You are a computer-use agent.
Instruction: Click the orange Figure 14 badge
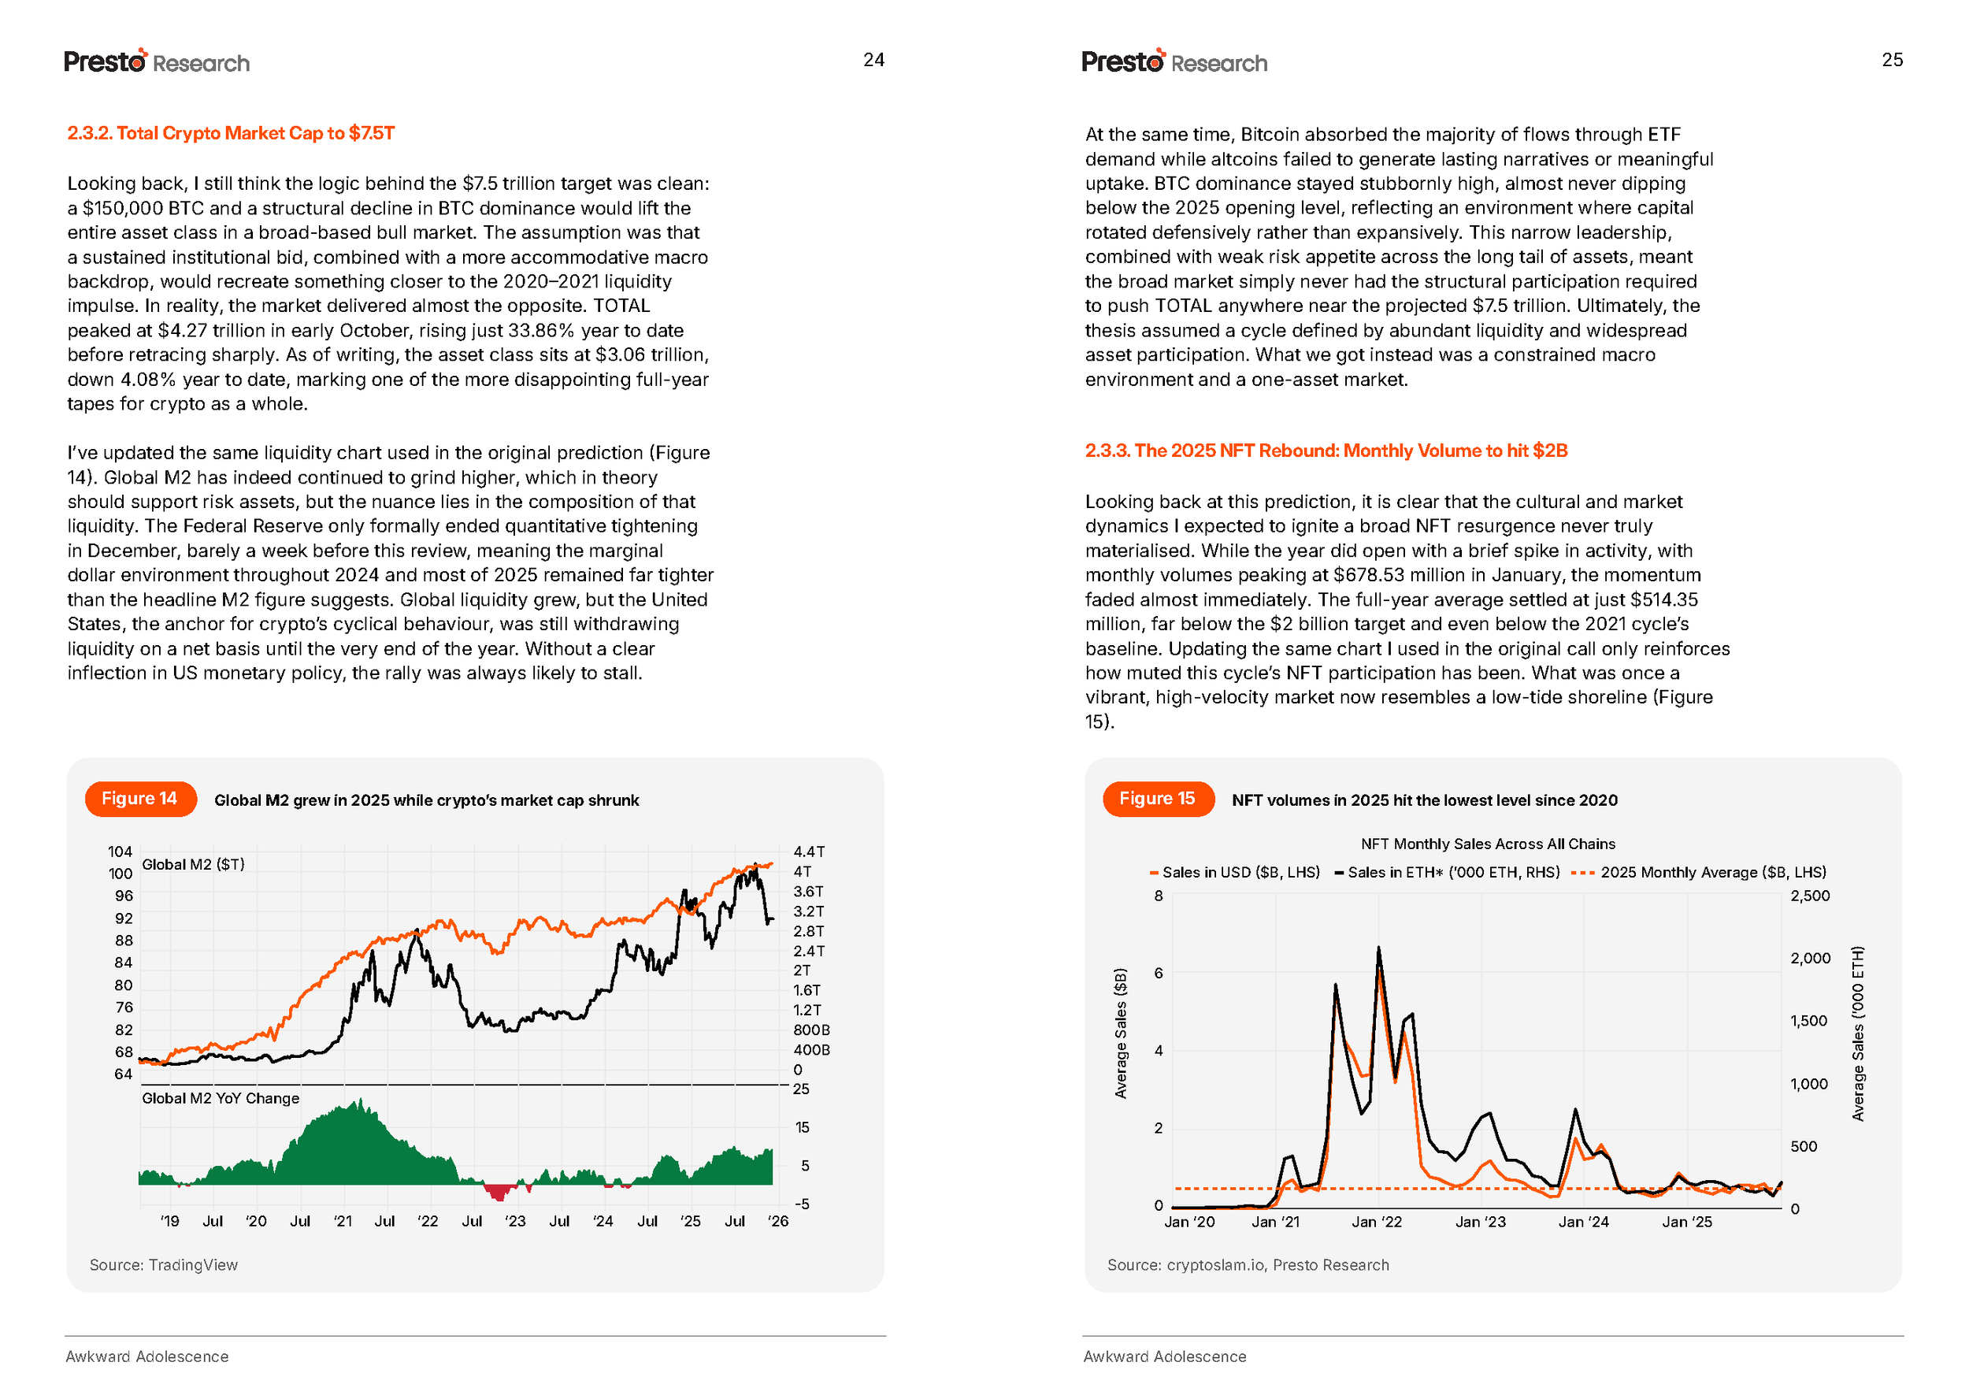139,799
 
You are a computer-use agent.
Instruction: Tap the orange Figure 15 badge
1157,799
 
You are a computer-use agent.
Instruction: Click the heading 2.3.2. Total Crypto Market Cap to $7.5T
231,134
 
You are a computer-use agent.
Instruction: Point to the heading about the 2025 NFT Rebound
1326,451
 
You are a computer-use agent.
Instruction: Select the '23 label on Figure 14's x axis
514,1222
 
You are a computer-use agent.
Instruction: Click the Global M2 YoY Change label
221,1098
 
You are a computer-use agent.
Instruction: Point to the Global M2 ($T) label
193,864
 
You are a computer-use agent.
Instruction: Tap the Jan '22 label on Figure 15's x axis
1376,1223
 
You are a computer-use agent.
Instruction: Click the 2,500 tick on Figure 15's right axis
1810,896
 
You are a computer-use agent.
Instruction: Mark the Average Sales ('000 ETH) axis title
1858,1033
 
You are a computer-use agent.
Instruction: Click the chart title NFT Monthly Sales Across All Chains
1488,844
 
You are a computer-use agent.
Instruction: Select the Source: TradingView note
164,1264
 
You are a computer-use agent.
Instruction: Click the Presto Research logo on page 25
1174,62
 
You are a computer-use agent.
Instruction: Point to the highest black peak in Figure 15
1378,948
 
